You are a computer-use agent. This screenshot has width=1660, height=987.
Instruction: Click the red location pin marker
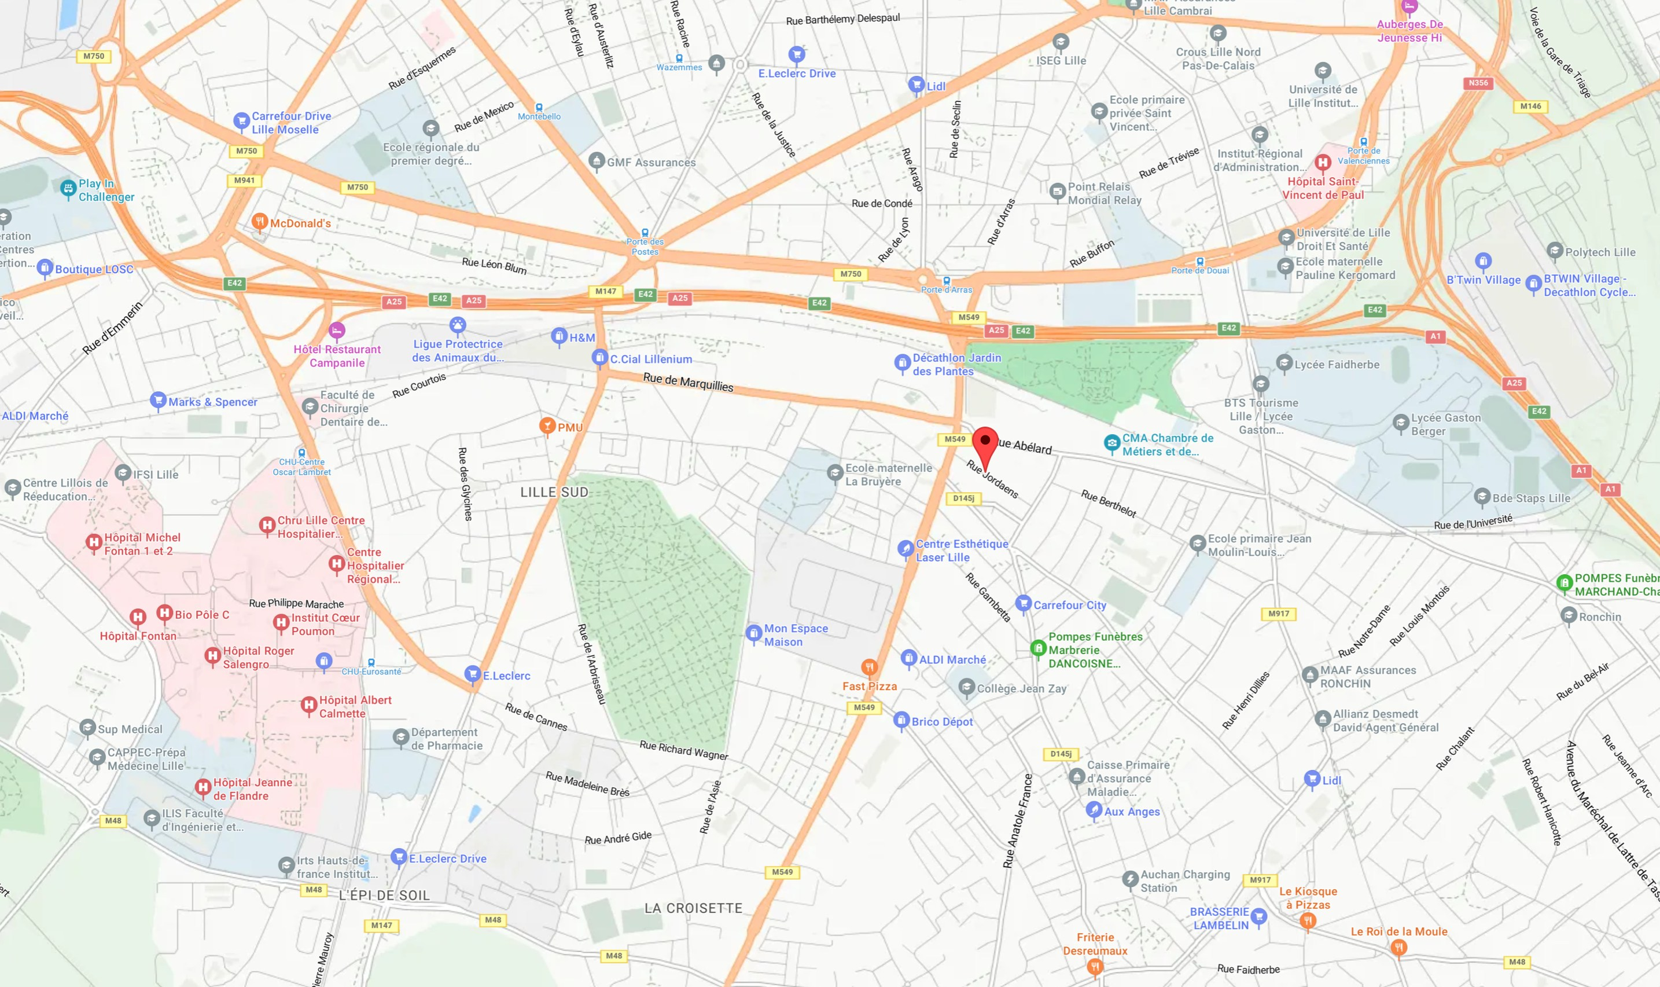(x=985, y=442)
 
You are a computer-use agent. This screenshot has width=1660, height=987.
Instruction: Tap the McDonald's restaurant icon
(x=259, y=222)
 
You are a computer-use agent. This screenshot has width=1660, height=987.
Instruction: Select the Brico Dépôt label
(x=941, y=722)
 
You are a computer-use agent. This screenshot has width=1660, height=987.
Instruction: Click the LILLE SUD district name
(x=554, y=492)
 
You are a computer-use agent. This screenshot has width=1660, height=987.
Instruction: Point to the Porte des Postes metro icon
(x=645, y=233)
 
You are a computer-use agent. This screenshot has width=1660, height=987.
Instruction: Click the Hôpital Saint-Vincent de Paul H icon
(x=1322, y=162)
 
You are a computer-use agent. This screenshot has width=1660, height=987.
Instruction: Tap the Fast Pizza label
(x=869, y=687)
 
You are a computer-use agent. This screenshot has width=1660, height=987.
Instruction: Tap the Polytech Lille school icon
(x=1554, y=251)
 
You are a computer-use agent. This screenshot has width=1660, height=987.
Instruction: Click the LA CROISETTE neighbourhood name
(x=693, y=908)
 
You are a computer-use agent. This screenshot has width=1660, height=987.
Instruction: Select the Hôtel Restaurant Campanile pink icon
(x=337, y=330)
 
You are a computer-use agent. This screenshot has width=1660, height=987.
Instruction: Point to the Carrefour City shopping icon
(x=1023, y=603)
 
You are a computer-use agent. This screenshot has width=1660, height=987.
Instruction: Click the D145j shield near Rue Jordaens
(x=963, y=498)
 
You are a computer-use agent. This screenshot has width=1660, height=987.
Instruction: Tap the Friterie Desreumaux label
(x=1095, y=944)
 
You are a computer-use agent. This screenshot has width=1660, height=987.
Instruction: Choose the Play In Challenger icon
(x=68, y=188)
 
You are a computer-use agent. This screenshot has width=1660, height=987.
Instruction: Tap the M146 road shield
(x=1530, y=107)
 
